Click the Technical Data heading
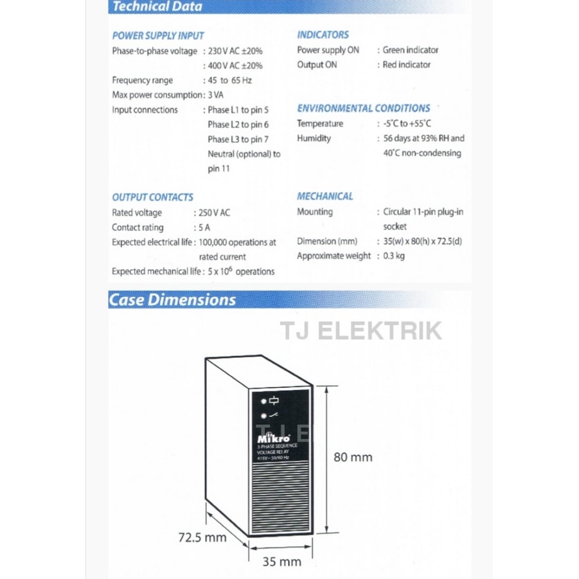pyautogui.click(x=157, y=7)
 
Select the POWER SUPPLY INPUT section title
pyautogui.click(x=158, y=36)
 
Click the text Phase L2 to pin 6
pyautogui.click(x=238, y=125)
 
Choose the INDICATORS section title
pyautogui.click(x=323, y=35)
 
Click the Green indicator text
pyautogui.click(x=411, y=50)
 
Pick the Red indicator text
pyautogui.click(x=407, y=65)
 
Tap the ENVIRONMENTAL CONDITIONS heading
pyautogui.click(x=363, y=109)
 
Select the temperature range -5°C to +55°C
pyautogui.click(x=407, y=124)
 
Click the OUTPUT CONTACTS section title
pyautogui.click(x=152, y=197)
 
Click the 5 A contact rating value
pyautogui.click(x=204, y=227)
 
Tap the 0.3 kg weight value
pyautogui.click(x=394, y=256)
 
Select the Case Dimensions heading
pyautogui.click(x=172, y=300)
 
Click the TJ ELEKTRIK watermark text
pyautogui.click(x=361, y=331)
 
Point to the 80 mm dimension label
pyautogui.click(x=353, y=458)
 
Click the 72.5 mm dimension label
pyautogui.click(x=202, y=537)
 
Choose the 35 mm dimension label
pyautogui.click(x=282, y=562)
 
